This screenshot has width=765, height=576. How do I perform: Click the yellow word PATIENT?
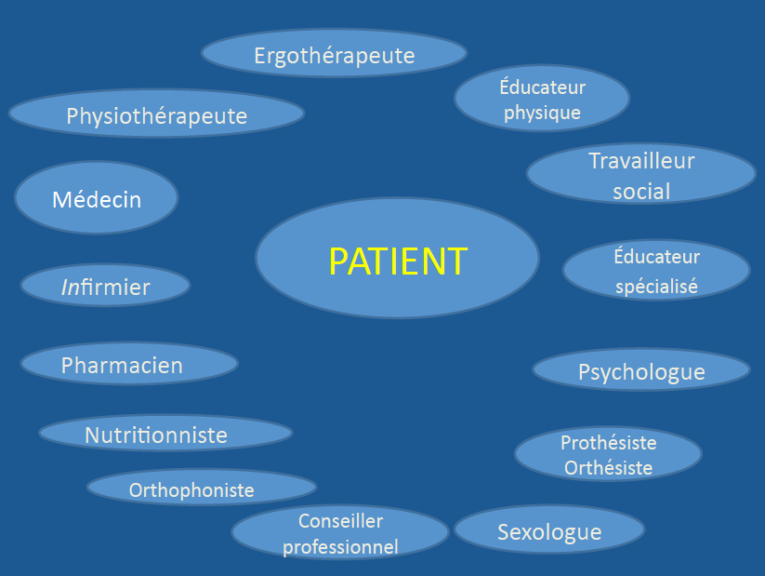(398, 262)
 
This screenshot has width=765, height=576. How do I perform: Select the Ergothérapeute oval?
(334, 55)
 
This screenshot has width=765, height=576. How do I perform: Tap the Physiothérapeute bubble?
(156, 116)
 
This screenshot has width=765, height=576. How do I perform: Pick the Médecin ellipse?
(97, 199)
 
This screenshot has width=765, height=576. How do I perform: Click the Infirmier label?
(105, 288)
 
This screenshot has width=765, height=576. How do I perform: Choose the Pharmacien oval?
(122, 366)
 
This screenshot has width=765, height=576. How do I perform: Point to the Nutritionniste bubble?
(156, 435)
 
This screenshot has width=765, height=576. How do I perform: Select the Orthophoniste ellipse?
(191, 489)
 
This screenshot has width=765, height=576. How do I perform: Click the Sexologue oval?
(549, 532)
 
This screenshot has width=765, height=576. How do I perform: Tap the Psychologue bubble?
(641, 372)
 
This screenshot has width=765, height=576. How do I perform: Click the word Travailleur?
(641, 161)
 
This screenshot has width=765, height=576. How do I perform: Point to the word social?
(641, 192)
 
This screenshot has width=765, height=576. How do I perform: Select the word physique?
(542, 113)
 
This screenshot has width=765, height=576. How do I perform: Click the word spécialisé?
(656, 287)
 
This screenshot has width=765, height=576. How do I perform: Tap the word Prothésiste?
(608, 442)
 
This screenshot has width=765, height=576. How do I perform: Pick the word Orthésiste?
(608, 467)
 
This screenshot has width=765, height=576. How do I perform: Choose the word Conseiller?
(340, 521)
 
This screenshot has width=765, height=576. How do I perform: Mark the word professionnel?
(340, 547)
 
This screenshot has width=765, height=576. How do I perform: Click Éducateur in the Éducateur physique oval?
(542, 87)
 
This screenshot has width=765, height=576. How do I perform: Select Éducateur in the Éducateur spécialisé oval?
(656, 256)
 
